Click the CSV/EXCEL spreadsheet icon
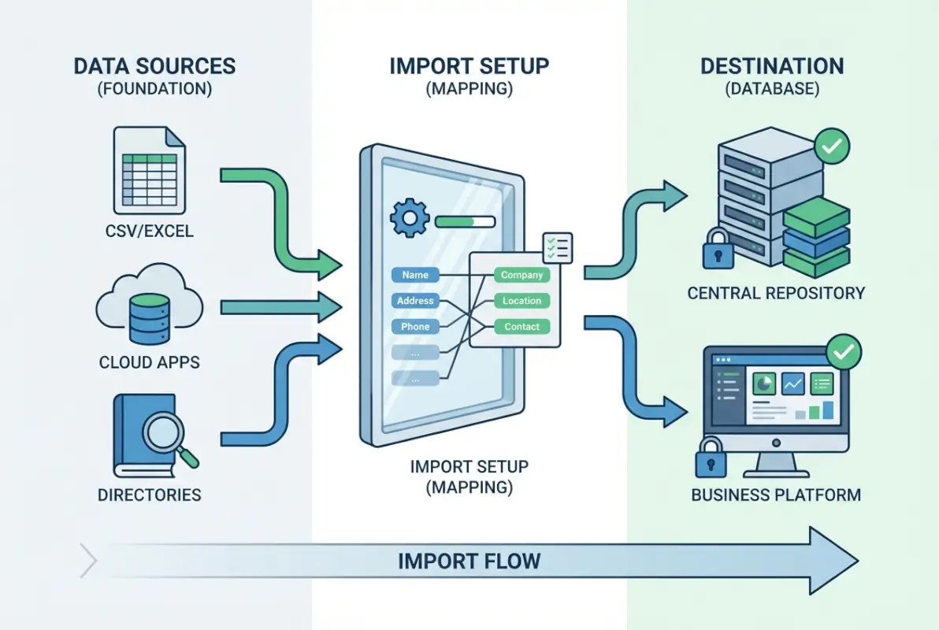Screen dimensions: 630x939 click(x=150, y=171)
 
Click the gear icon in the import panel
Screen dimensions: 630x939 click(x=409, y=218)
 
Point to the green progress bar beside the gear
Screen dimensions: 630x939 click(x=464, y=221)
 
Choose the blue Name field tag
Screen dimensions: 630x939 click(x=415, y=275)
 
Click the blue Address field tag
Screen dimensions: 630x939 click(x=415, y=301)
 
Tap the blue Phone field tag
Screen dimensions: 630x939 click(x=415, y=326)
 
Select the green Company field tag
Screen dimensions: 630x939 click(x=521, y=275)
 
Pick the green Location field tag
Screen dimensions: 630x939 click(x=521, y=301)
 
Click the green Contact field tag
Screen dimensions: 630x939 click(x=521, y=326)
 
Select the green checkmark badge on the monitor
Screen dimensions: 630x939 click(x=843, y=352)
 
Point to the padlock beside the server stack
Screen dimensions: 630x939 click(x=718, y=250)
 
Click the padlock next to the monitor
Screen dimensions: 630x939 click(x=711, y=459)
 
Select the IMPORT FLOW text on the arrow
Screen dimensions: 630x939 click(x=469, y=561)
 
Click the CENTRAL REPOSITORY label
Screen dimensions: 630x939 click(x=776, y=293)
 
